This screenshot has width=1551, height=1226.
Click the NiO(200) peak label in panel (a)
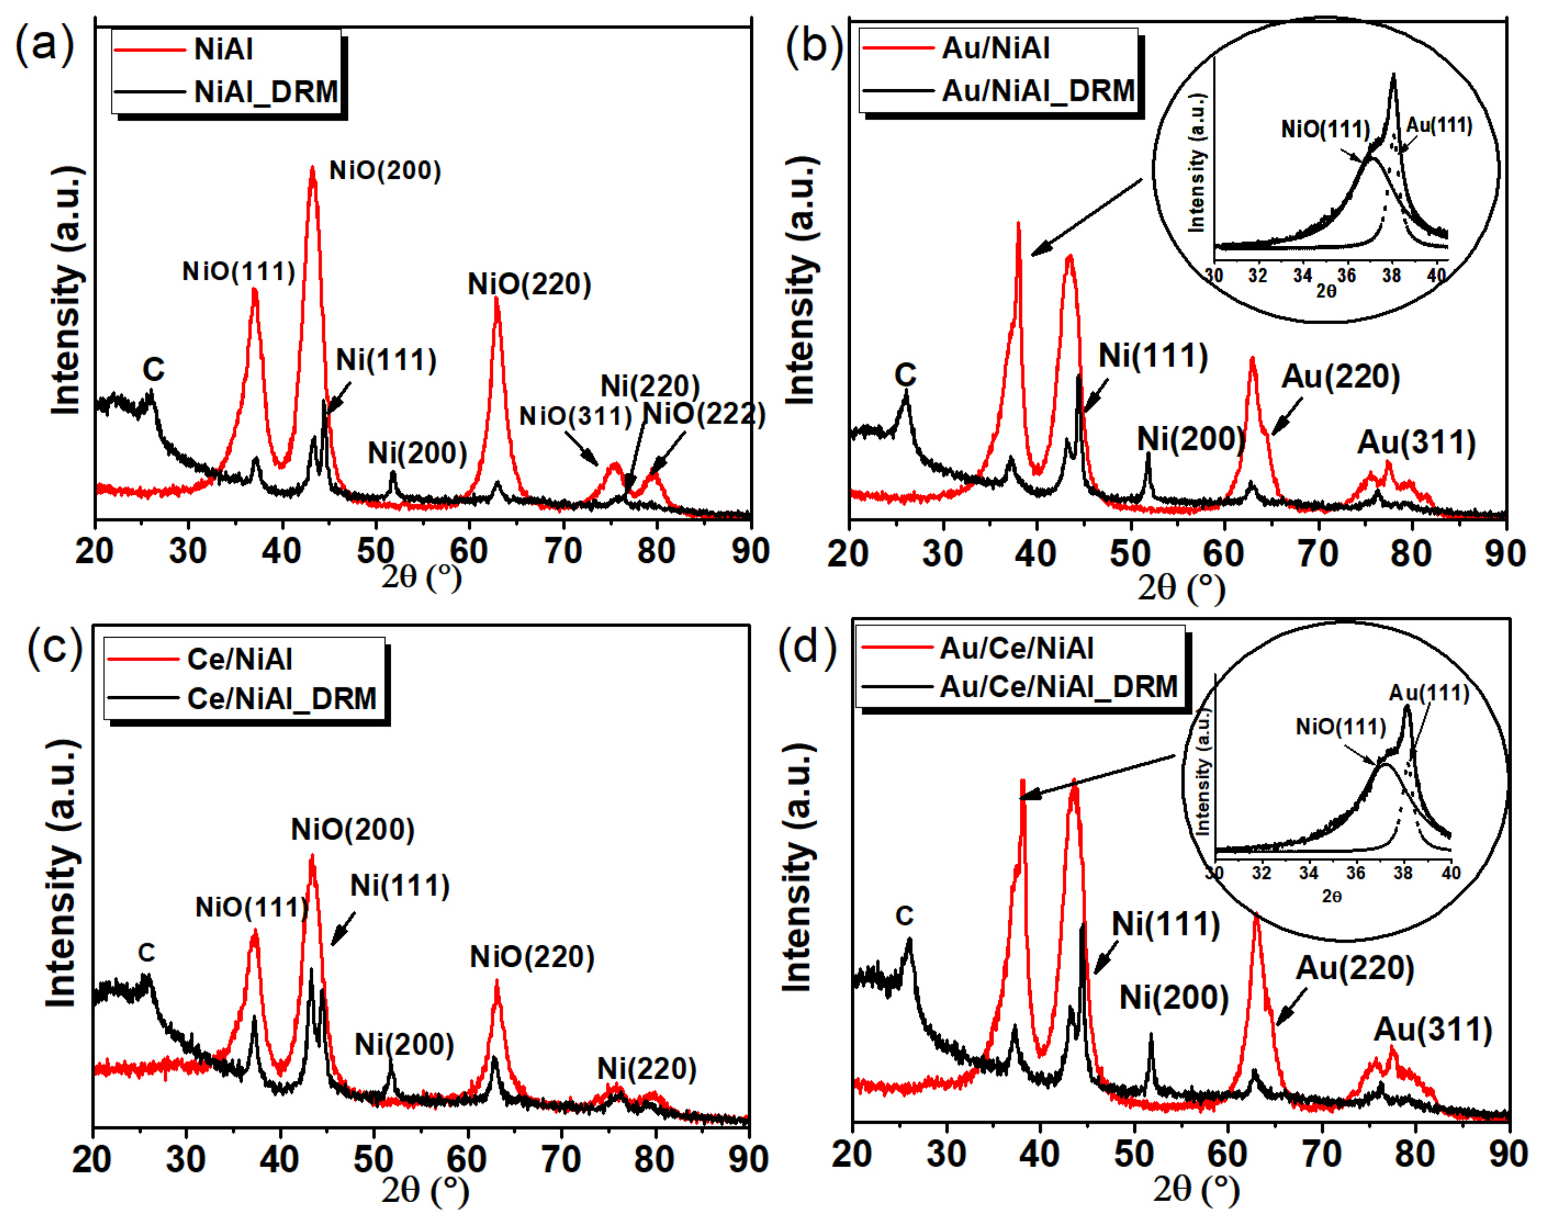[x=385, y=171]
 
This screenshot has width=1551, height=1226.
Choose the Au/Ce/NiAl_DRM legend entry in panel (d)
[x=1059, y=687]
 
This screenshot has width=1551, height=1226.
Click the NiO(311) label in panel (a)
[x=575, y=416]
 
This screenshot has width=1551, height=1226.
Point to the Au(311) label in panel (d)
[x=1433, y=1030]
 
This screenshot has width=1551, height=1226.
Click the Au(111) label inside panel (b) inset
[x=1438, y=126]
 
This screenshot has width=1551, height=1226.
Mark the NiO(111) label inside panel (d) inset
[x=1340, y=727]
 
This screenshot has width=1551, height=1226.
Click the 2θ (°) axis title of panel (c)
[x=425, y=1190]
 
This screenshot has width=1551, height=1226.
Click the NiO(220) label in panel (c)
[x=532, y=957]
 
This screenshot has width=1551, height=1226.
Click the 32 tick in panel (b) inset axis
[x=1257, y=276]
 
